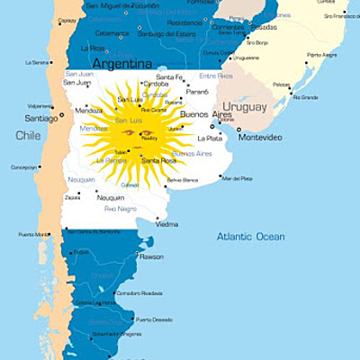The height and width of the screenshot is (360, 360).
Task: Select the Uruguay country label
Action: point(244,107)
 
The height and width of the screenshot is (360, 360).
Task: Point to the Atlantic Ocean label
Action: point(249,237)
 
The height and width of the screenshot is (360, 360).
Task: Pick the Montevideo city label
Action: point(260,137)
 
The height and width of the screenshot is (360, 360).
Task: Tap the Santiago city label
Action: point(40,118)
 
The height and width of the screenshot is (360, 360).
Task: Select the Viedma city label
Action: point(167,224)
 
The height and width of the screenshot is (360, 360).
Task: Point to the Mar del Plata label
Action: point(237,178)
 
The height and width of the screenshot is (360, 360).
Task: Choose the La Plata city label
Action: point(210,138)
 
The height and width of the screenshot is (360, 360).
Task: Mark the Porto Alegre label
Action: point(321,55)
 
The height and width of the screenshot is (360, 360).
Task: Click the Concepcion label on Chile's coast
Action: point(24,166)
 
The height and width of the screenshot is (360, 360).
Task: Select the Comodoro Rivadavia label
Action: point(139,292)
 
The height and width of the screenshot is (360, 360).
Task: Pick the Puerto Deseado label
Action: point(154,319)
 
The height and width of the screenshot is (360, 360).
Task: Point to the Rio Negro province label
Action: point(121,209)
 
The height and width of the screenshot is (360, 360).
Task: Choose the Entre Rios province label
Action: point(215,76)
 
